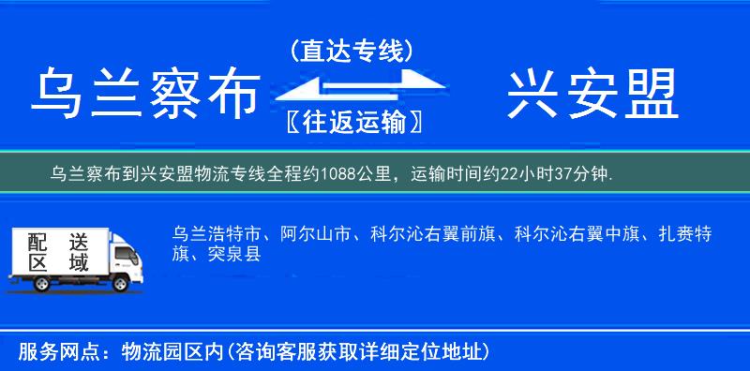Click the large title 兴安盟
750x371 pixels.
[592, 96]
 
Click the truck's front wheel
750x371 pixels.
[119, 283]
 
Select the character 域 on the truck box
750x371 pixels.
[78, 263]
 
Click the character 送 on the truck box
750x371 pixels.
[78, 241]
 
